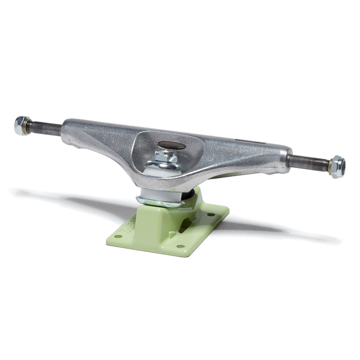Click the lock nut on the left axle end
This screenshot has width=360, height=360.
point(21,126)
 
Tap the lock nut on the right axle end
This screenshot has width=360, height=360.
point(337,166)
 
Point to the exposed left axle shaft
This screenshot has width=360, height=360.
point(45,129)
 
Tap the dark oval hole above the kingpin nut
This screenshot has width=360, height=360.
point(171,145)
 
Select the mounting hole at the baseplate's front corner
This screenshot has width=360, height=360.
point(180,246)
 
